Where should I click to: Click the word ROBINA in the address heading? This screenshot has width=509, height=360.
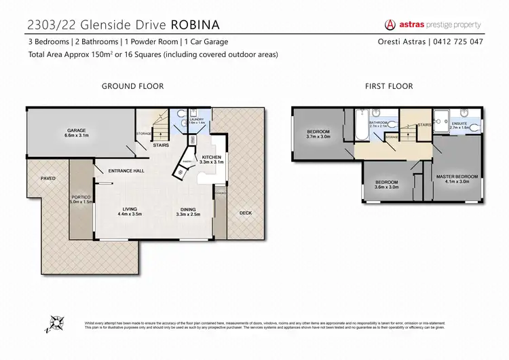click(x=196, y=25)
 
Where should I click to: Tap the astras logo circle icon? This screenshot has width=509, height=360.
click(x=390, y=24)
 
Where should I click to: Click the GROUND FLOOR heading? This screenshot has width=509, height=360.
click(x=132, y=86)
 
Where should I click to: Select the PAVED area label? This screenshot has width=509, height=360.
click(x=48, y=178)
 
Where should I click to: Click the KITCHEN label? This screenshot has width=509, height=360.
click(x=212, y=157)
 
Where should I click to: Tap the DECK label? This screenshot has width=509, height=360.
click(x=245, y=213)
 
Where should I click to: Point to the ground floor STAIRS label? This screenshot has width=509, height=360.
click(x=161, y=145)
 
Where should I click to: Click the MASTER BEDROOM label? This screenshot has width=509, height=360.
click(x=457, y=177)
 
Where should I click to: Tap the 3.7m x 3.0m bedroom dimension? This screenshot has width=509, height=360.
click(x=318, y=137)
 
